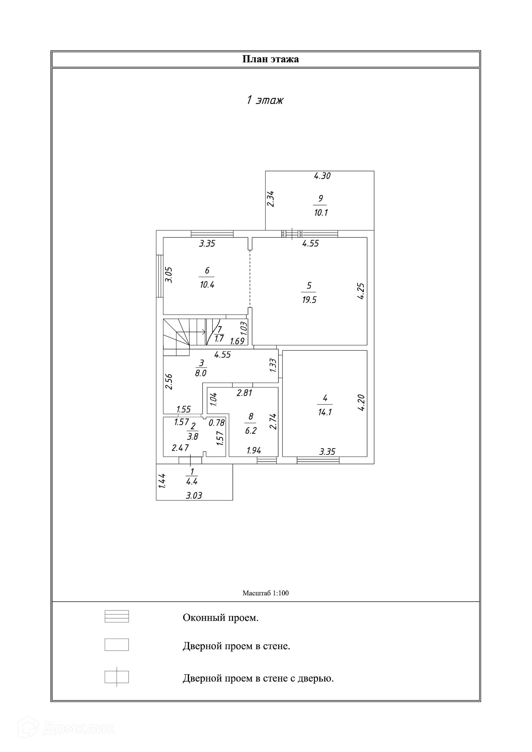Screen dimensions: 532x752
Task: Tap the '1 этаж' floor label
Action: pos(265,100)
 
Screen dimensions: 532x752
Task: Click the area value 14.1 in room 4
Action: pos(325,412)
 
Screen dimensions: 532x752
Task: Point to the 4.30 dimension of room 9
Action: pos(322,176)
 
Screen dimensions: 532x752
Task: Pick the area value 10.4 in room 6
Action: pos(207,284)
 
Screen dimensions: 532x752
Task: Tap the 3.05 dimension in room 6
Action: pos(168,275)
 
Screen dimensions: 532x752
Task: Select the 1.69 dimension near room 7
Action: pos(237,341)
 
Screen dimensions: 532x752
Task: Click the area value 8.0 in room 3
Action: pos(201,373)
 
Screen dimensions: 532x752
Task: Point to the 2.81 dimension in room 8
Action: pos(244,393)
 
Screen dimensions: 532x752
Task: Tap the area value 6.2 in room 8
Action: pos(251,430)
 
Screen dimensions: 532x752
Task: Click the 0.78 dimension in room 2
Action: pos(217,423)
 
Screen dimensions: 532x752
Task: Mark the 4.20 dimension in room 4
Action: pos(361,403)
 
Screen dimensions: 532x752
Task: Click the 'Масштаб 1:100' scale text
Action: pos(266,593)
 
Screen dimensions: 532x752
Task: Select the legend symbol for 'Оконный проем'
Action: pos(117,616)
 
